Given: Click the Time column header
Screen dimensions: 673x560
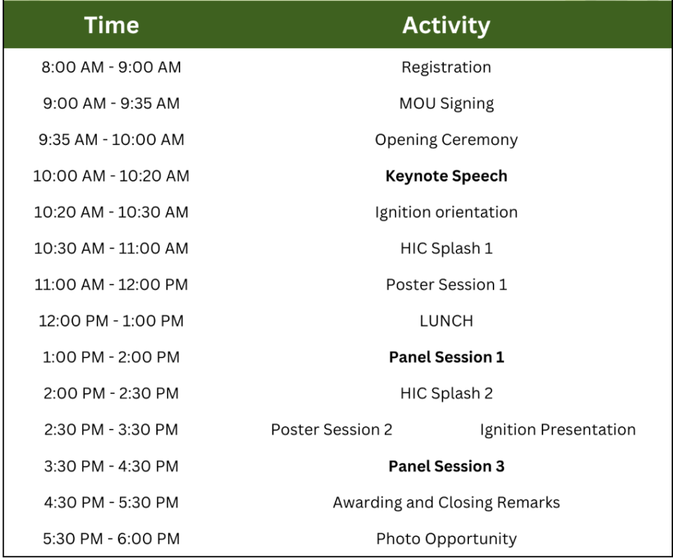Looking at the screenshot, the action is point(111,25).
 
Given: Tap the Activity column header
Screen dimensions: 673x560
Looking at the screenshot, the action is point(446,25).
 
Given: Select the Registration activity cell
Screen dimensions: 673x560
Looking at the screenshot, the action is point(446,67).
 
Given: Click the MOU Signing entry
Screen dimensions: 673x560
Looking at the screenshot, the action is point(447,104).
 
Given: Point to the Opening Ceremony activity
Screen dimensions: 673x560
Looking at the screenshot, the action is point(447,140).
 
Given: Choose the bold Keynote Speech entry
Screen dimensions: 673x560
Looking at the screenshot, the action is point(447,176).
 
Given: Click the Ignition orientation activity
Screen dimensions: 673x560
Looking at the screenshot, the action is point(447,212).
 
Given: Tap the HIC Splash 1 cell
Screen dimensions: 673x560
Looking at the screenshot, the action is point(447,248).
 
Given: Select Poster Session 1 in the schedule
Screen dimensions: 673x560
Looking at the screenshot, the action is point(447,285).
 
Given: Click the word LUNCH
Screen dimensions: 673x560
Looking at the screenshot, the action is point(447,321).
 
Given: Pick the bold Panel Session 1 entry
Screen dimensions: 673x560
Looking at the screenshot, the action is point(447,357).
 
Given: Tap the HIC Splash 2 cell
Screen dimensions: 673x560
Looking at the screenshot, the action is point(447,393).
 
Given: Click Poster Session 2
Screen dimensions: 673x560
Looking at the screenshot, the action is point(332,430).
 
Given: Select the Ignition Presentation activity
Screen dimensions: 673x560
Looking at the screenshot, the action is point(557,430).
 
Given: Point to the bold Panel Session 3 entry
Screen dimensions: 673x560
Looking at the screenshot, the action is point(447,466).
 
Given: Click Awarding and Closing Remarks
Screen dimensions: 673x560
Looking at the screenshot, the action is point(447,503).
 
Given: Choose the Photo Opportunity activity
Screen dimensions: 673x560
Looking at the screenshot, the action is point(447,539).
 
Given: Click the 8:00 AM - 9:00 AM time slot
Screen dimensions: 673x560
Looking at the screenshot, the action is point(111,67).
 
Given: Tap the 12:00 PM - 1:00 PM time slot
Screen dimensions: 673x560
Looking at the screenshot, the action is point(111,321).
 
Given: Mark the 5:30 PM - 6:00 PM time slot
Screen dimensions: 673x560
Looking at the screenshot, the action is point(111,538).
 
